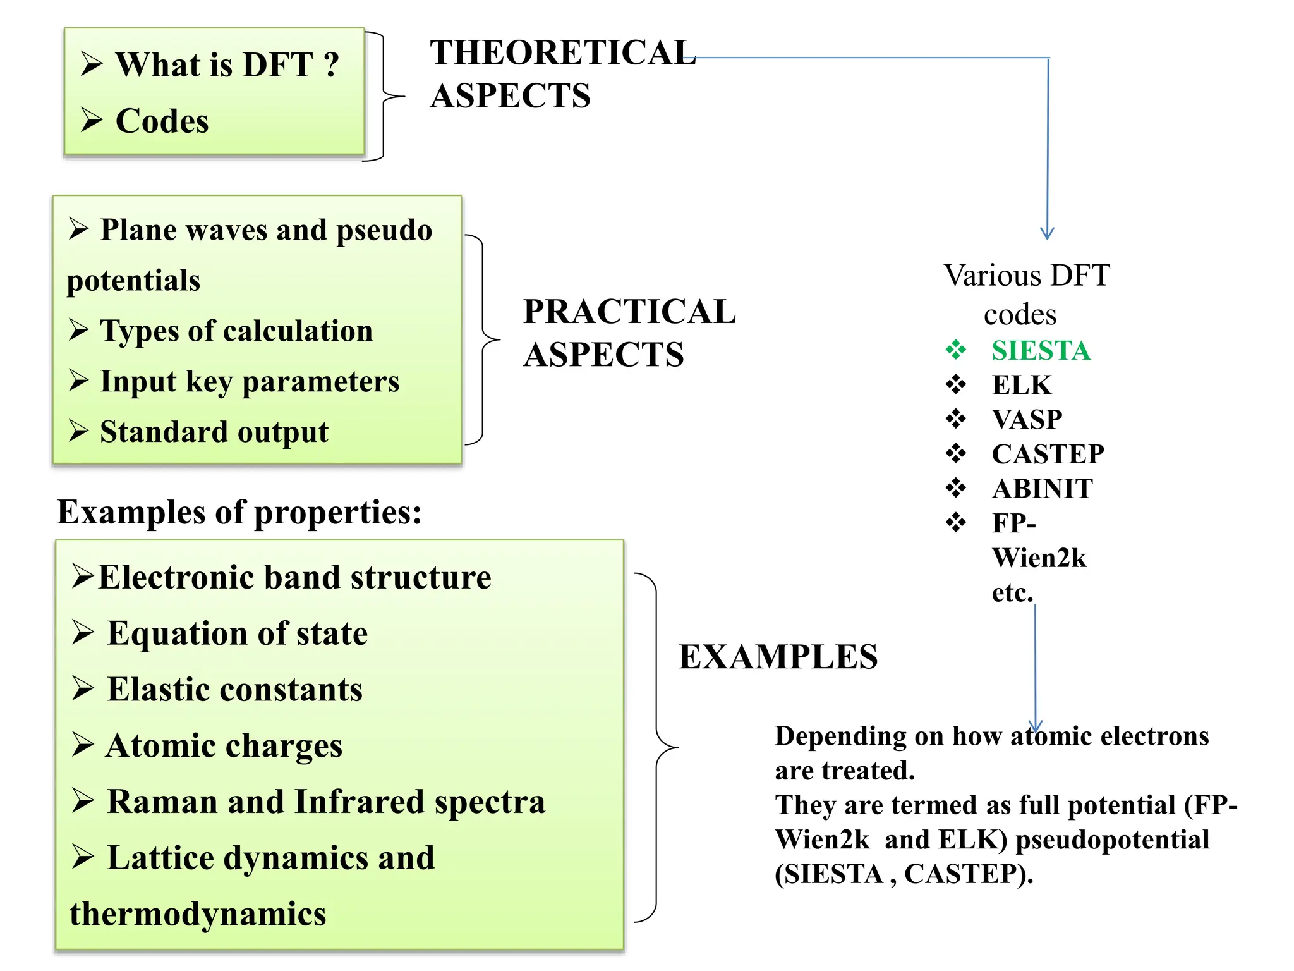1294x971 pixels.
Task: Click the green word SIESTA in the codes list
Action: [x=1041, y=351]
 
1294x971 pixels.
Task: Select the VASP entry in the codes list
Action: [x=1027, y=420]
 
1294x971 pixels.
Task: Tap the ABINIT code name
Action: [x=1042, y=489]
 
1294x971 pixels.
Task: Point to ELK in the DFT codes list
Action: [x=1021, y=385]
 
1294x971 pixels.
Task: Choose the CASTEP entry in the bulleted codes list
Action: [x=1048, y=454]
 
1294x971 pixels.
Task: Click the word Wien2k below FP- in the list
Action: [x=1039, y=558]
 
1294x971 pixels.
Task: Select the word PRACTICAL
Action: [x=629, y=312]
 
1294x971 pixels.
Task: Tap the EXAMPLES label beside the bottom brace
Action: [x=778, y=657]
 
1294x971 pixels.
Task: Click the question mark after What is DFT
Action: [x=331, y=64]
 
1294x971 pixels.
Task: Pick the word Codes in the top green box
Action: [x=162, y=121]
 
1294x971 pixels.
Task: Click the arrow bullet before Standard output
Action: [x=79, y=431]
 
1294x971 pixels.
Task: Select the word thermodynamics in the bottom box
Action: [x=198, y=914]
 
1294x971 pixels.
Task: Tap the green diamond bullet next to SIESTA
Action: [x=955, y=350]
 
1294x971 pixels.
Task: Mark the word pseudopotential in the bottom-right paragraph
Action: [x=1112, y=840]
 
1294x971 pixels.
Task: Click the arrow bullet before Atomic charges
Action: [x=83, y=745]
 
